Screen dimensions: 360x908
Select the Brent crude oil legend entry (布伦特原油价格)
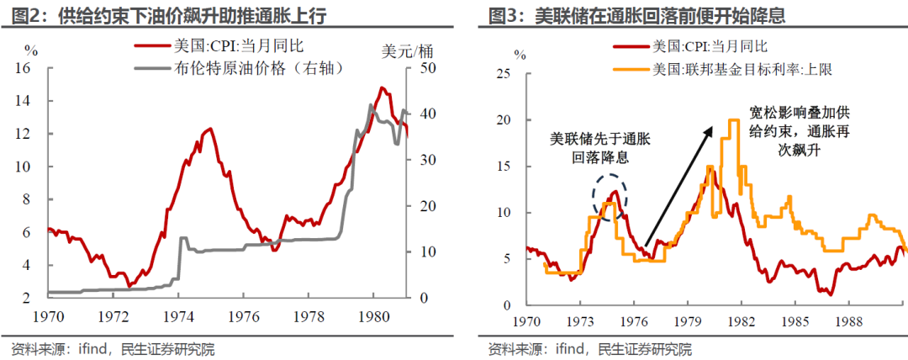[240, 67]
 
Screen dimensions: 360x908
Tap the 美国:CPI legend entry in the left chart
[211, 48]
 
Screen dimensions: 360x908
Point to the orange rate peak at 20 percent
[733, 120]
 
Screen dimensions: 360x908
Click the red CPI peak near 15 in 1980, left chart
[382, 87]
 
